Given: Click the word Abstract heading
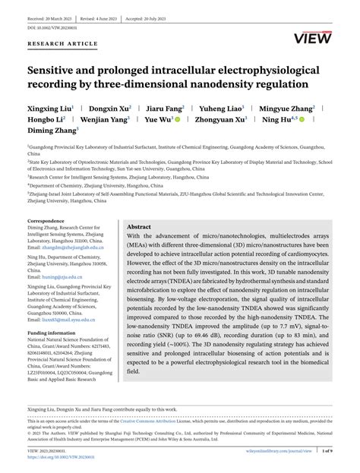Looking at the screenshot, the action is [x=139, y=226].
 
